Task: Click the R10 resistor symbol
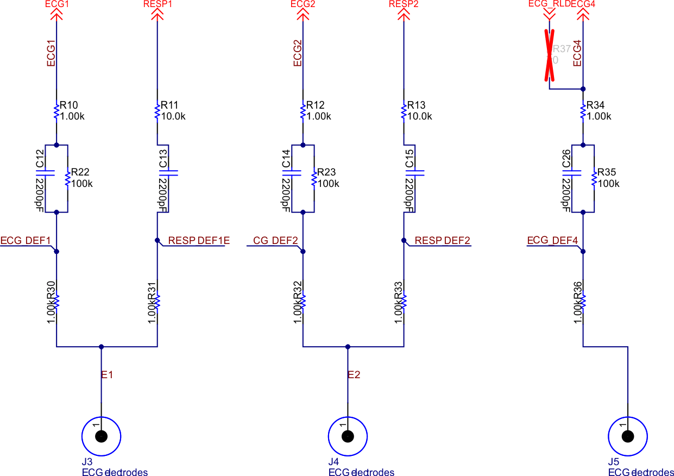pos(56,111)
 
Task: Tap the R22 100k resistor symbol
pos(67,178)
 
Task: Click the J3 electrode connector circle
pos(101,436)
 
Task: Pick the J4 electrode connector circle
pos(348,436)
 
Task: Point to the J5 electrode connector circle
pos(627,436)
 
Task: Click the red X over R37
pos(550,55)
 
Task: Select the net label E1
pos(107,374)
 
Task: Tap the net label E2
pos(354,374)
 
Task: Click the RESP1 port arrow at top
pos(158,15)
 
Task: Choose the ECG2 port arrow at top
pos(303,15)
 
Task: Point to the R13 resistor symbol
pos(404,111)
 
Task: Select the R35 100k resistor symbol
pos(594,178)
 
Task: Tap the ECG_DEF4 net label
pos(552,240)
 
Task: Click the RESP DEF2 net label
pos(442,240)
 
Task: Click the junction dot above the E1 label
pos(101,346)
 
